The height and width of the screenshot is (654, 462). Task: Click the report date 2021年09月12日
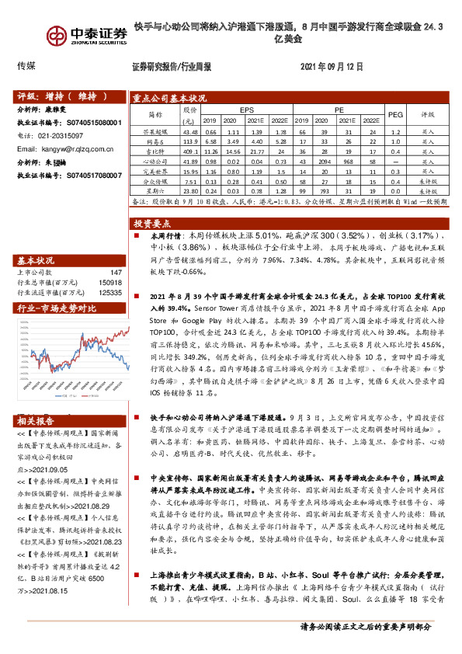[331, 67]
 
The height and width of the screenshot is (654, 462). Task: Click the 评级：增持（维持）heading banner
[62, 97]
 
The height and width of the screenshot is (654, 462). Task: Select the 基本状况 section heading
[36, 260]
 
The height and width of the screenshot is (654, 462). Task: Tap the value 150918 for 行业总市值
[111, 283]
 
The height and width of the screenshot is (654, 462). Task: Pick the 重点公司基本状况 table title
[170, 99]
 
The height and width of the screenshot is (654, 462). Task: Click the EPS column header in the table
[246, 111]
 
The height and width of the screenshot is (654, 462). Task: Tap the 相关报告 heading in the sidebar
[36, 421]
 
